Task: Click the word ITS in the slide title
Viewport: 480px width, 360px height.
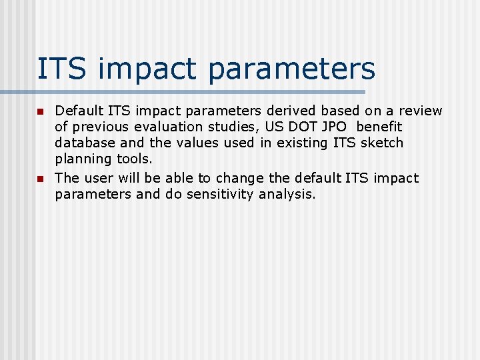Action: [61, 69]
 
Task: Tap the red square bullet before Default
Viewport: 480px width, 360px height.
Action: [40, 111]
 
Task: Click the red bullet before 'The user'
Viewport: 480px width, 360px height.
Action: [40, 179]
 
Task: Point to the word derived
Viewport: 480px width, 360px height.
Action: [293, 111]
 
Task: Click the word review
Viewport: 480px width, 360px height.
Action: [420, 111]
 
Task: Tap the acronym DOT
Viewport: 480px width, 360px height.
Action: [307, 127]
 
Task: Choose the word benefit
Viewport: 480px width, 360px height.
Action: [379, 127]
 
